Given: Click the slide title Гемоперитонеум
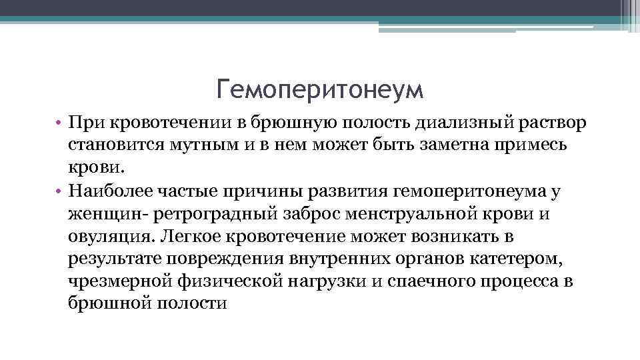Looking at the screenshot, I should pyautogui.click(x=320, y=89).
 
